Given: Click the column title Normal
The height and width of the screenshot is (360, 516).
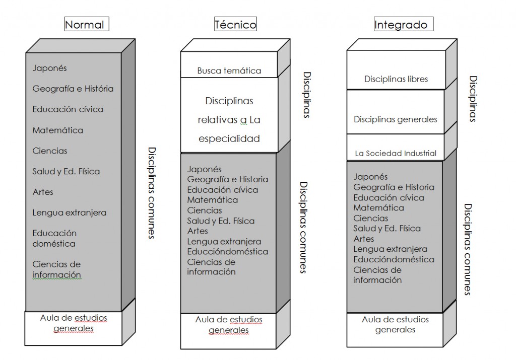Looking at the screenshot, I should pos(84,24).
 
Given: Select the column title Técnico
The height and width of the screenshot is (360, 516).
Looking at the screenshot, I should pos(235,24).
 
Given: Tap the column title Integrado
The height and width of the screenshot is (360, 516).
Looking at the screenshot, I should pos(400,24).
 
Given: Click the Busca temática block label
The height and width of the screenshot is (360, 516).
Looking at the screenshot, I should pos(229,70).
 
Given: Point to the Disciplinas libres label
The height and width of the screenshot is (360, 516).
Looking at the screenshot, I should pos(396,79).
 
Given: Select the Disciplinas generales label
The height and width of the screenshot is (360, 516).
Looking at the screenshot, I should pos(396,119).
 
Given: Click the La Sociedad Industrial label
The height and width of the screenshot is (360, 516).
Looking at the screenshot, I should pos(396,153).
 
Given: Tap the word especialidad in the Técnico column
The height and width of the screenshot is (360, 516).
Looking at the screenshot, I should pos(229,138).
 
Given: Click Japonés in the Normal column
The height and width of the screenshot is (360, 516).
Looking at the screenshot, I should pos(49,68).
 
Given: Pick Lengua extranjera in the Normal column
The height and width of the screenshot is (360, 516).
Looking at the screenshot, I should pos(70,212).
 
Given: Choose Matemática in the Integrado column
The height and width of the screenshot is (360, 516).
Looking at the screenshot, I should pos(378,207).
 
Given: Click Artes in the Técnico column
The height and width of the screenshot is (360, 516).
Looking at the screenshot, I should pos(198,231).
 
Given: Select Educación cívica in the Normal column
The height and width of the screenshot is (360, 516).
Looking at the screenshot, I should pos(68,109).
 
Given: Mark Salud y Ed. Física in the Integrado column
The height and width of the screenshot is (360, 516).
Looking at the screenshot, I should pos(387,228).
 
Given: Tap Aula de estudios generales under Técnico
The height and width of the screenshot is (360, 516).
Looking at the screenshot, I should pos(229,325).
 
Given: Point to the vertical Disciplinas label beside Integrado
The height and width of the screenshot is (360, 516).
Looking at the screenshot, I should pos(473,99).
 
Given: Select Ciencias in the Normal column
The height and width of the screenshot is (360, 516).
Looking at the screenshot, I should pos(50,151).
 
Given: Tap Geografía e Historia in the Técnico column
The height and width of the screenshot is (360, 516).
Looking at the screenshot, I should pos(228,179).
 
